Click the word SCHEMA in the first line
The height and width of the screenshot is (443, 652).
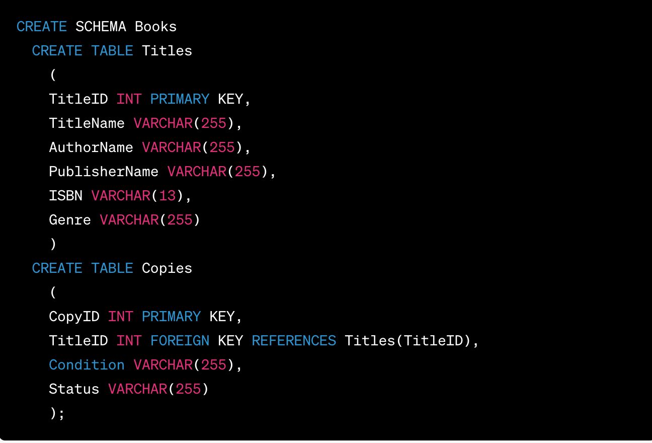101,27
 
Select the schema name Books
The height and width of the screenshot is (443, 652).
155,27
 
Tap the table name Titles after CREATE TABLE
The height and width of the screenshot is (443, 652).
167,51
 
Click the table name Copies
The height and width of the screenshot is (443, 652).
167,268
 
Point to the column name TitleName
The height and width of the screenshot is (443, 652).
87,123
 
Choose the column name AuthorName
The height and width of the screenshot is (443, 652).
91,147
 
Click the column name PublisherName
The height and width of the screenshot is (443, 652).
104,172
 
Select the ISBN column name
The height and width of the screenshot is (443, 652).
65,196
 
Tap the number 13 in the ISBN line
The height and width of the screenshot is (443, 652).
167,196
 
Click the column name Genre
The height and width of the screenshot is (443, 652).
70,220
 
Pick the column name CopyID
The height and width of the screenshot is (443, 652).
74,317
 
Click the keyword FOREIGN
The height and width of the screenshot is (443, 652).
180,341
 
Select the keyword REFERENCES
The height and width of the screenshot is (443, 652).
294,341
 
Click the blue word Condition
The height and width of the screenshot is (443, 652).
87,365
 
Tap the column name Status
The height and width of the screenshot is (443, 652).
74,389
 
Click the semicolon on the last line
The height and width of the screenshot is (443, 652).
61,413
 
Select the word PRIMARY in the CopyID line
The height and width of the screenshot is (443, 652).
171,317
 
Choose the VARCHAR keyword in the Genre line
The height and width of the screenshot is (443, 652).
129,220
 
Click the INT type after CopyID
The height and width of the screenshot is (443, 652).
121,317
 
